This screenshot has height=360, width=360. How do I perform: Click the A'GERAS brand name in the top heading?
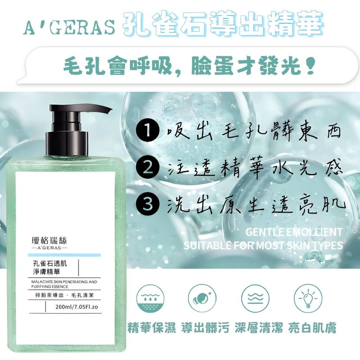pos(69,27)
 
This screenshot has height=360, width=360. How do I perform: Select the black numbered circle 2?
pos(147,168)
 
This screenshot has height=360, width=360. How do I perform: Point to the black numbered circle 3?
pos(147,204)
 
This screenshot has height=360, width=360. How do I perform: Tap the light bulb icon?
pos(308,298)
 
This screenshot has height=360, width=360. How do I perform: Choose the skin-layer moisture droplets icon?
pos(150,298)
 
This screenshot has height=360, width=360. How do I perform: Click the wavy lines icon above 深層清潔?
pos(255,298)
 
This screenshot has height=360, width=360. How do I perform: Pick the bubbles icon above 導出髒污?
pos(202,298)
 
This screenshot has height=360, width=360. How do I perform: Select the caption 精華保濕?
pos(152,328)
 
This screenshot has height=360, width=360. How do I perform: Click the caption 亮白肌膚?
pos(312,328)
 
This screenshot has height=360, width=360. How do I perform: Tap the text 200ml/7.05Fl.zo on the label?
pos(77,307)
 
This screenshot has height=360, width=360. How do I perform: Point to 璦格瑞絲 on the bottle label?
pos(49,240)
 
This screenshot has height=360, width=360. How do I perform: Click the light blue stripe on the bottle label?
pos(64,255)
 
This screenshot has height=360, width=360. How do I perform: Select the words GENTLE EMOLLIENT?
pos(294,232)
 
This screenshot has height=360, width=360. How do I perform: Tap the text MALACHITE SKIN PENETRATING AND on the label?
pos(64,282)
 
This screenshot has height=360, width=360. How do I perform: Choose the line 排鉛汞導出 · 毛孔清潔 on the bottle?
pos(64,295)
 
